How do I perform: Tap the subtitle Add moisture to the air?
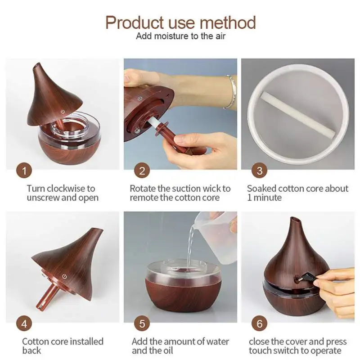pyautogui.click(x=181, y=36)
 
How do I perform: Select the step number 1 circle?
pyautogui.click(x=24, y=171)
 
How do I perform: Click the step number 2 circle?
pyautogui.click(x=142, y=171)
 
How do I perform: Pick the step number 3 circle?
pyautogui.click(x=260, y=171)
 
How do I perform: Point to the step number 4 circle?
pyautogui.click(x=24, y=324)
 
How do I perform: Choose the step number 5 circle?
pyautogui.click(x=142, y=324)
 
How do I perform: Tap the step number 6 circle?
pyautogui.click(x=260, y=324)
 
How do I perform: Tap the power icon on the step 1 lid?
pyautogui.click(x=63, y=112)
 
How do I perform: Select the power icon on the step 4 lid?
pyautogui.click(x=64, y=276)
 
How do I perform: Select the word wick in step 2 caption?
pyautogui.click(x=212, y=189)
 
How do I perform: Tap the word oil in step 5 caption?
pyautogui.click(x=168, y=351)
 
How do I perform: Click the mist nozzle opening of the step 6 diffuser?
pyautogui.click(x=295, y=220)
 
